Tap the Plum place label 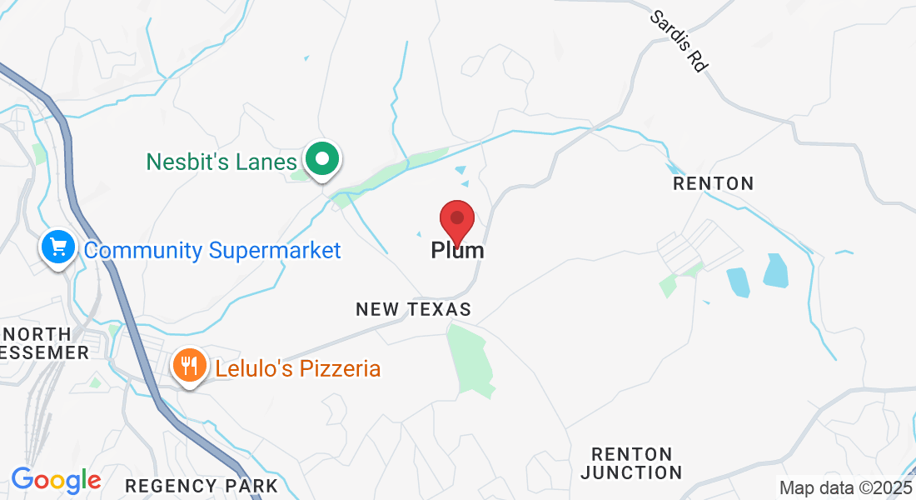457,250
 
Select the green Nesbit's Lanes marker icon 321,159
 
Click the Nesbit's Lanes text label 222,161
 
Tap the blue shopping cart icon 58,247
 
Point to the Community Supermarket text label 212,250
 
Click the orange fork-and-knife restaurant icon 190,365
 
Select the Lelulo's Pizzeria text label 297,368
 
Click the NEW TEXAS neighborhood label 413,309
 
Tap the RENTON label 713,183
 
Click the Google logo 56,480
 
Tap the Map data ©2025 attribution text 845,487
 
